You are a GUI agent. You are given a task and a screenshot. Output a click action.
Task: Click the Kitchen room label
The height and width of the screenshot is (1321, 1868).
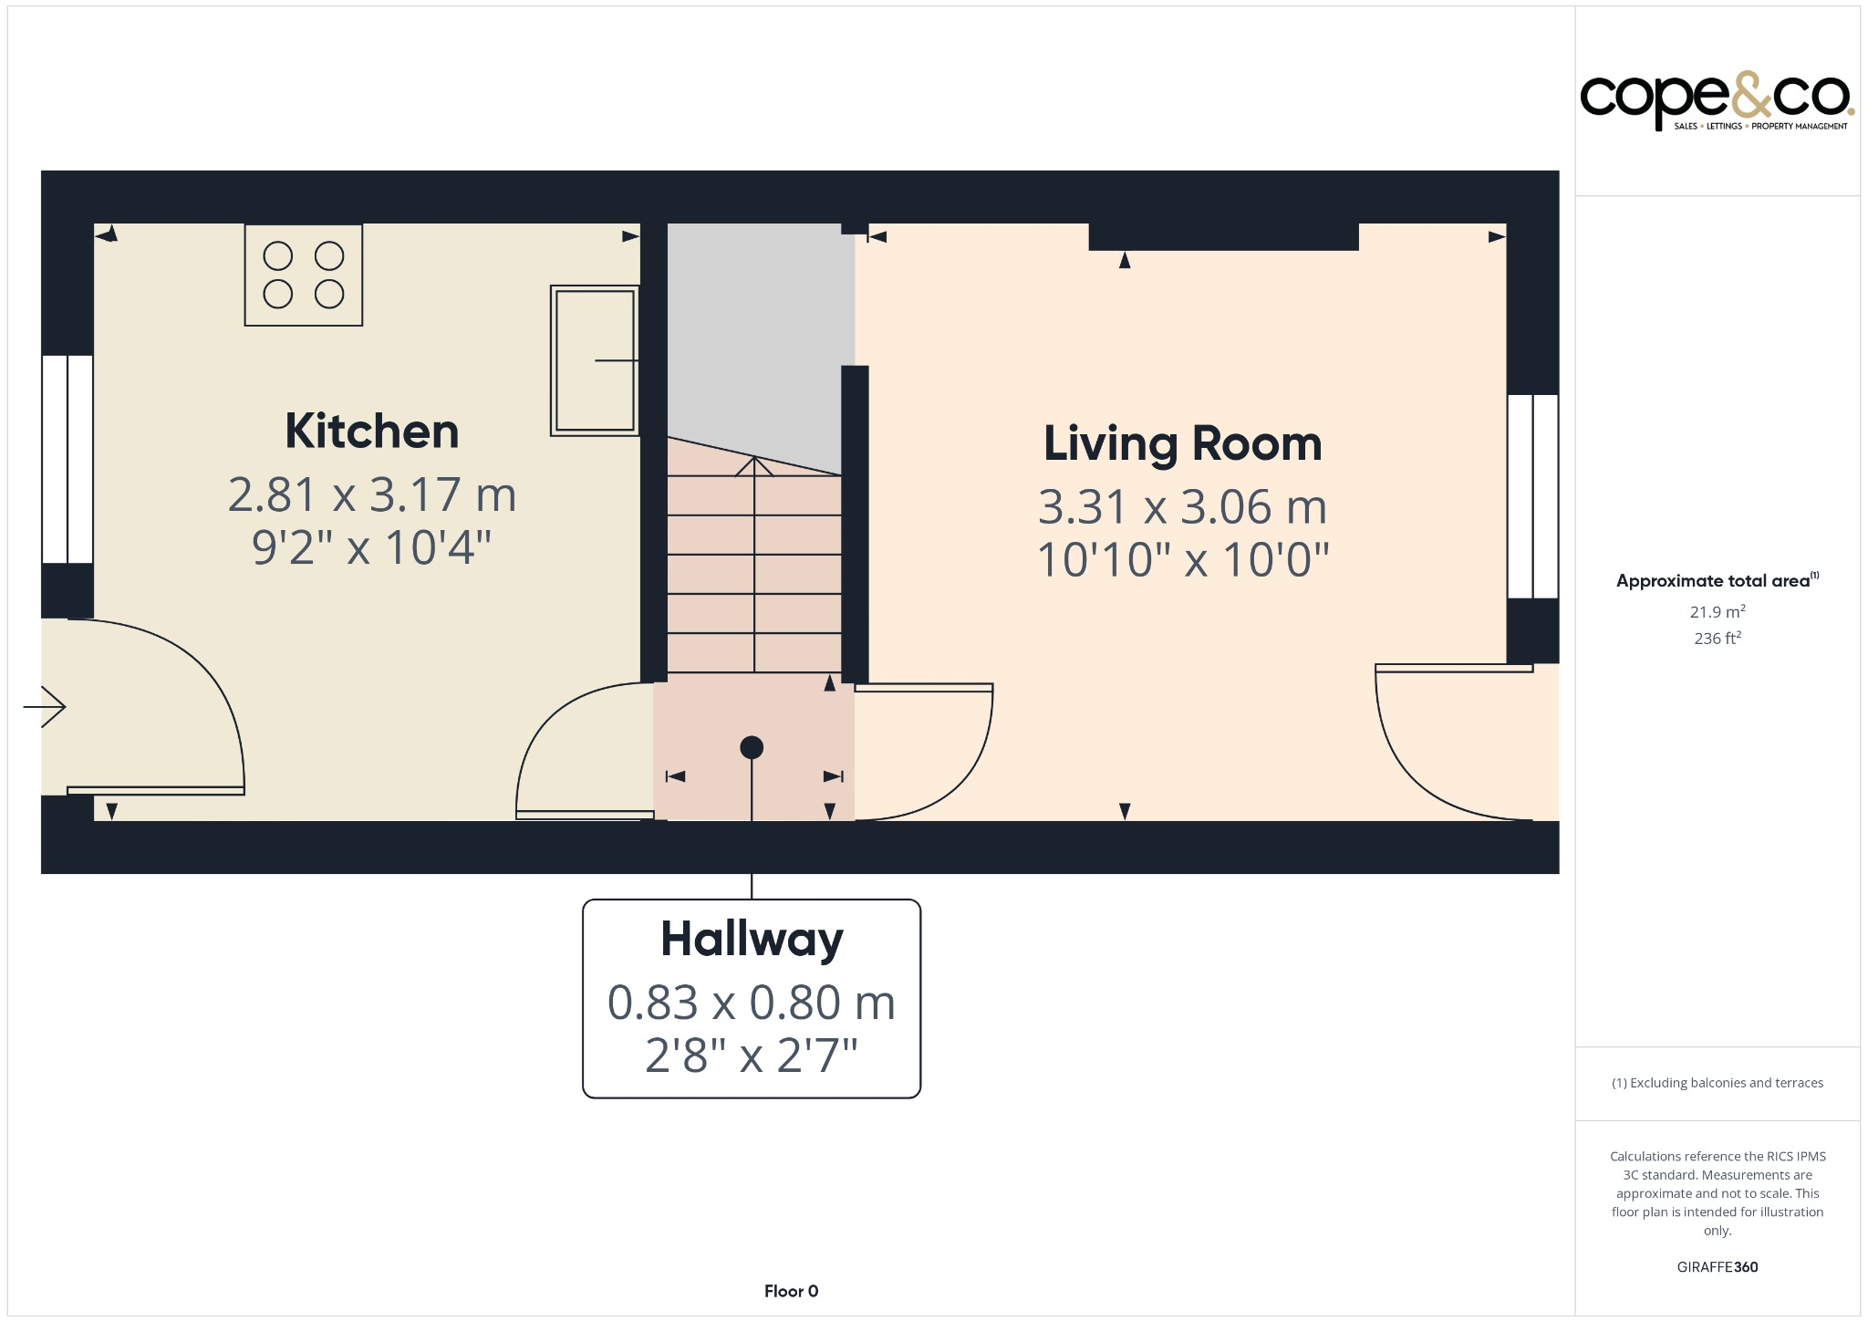pyautogui.click(x=371, y=431)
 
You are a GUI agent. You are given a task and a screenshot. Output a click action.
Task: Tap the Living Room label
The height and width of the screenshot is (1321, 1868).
pyautogui.click(x=1182, y=443)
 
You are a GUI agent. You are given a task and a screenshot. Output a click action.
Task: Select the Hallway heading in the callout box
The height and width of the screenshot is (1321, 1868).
pyautogui.click(x=752, y=939)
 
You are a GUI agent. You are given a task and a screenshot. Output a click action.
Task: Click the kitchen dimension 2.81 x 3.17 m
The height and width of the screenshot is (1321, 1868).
pyautogui.click(x=371, y=494)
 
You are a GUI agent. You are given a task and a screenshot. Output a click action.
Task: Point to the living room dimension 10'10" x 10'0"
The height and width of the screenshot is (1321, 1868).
pyautogui.click(x=1182, y=559)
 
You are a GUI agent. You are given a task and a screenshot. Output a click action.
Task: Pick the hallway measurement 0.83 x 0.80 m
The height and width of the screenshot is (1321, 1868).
pyautogui.click(x=752, y=1002)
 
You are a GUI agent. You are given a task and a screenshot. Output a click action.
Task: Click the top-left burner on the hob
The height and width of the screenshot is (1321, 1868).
pyautogui.click(x=278, y=256)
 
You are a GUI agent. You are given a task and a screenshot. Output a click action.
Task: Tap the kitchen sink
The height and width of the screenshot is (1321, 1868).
pyautogui.click(x=595, y=360)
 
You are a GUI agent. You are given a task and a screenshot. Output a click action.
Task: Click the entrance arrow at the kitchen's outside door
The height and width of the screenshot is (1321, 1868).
pyautogui.click(x=45, y=707)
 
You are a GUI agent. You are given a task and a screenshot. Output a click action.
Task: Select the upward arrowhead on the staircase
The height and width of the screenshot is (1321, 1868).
pyautogui.click(x=754, y=465)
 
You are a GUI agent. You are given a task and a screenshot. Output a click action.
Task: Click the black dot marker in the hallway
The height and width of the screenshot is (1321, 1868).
pyautogui.click(x=752, y=747)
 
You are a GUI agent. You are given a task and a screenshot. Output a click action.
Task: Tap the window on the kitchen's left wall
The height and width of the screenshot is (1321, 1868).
pyautogui.click(x=67, y=459)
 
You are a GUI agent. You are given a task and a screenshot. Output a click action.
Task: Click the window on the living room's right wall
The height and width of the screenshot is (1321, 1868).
pyautogui.click(x=1532, y=496)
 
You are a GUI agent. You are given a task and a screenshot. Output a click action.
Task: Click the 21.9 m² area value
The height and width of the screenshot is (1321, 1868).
pyautogui.click(x=1717, y=611)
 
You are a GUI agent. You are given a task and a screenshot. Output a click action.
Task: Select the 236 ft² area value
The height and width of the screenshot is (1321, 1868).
pyautogui.click(x=1717, y=639)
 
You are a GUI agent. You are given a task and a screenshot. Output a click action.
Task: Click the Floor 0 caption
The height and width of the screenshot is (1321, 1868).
pyautogui.click(x=791, y=1291)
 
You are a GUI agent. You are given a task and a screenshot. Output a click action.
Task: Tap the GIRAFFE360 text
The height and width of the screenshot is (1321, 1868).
pyautogui.click(x=1717, y=1266)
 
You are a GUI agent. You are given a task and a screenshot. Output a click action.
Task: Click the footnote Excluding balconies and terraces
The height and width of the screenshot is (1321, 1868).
pyautogui.click(x=1717, y=1083)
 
